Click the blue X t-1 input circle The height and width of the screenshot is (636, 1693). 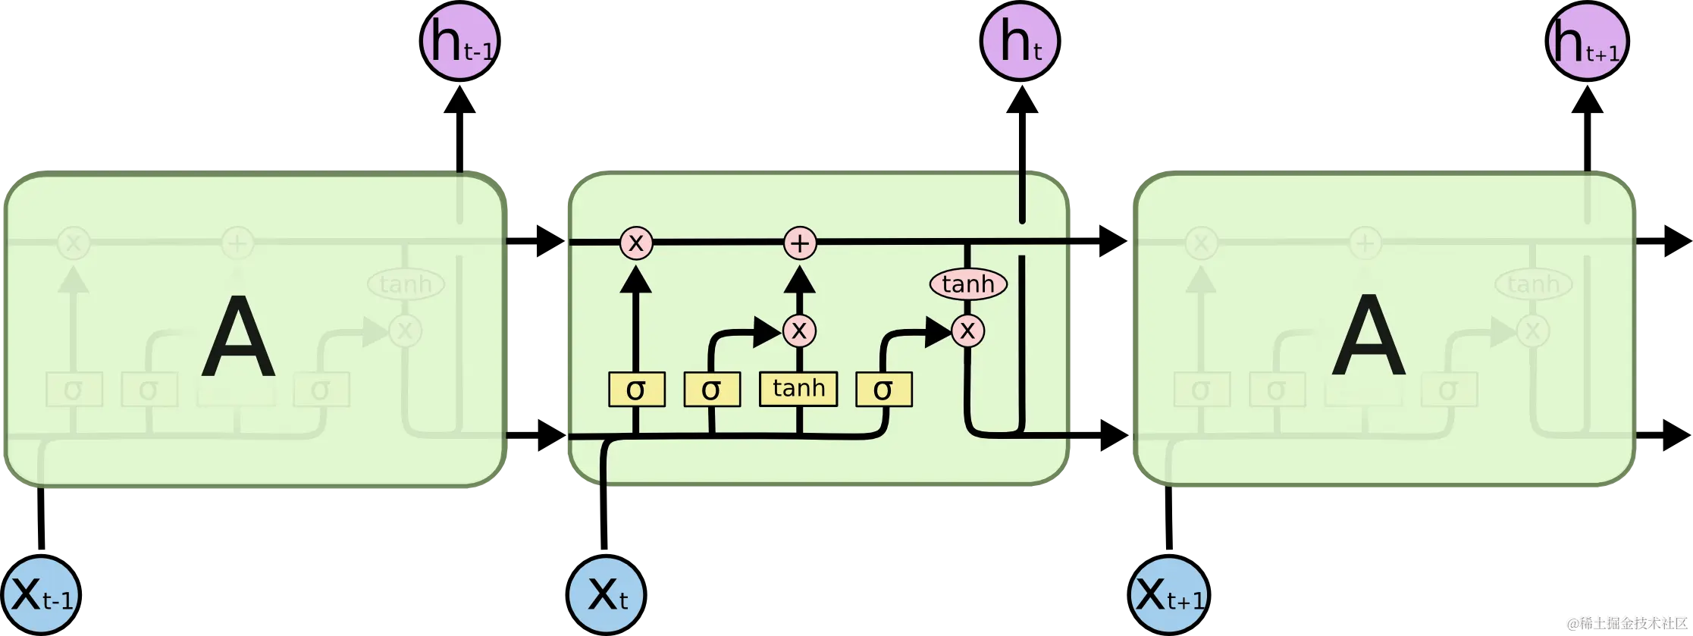[x=42, y=595]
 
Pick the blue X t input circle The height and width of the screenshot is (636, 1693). [x=607, y=595]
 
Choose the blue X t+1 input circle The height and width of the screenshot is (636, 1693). [x=1168, y=595]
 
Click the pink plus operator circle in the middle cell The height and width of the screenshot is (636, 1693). [x=799, y=243]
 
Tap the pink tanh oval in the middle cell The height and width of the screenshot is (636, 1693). [x=968, y=284]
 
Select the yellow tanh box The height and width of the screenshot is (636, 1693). [x=798, y=389]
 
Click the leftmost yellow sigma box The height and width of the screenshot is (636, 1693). [x=636, y=390]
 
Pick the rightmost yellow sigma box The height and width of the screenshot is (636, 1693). [x=883, y=390]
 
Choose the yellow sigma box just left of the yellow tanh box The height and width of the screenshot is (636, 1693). [x=711, y=390]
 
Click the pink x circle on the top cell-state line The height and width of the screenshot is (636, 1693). [x=636, y=243]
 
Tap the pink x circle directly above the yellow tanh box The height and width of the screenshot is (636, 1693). [x=799, y=331]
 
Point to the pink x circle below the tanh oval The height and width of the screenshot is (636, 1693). [x=967, y=331]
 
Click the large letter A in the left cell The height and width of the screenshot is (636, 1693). [x=238, y=337]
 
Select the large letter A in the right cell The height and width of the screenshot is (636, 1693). [x=1369, y=337]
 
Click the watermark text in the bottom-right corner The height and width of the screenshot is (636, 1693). [x=1626, y=623]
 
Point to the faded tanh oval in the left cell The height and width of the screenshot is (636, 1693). [x=405, y=284]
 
